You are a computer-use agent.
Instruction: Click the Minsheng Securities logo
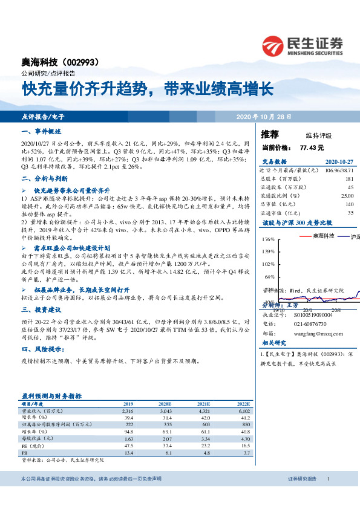[303, 45]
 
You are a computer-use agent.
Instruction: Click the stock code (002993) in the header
[87, 62]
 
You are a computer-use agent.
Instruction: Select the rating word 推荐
[270, 134]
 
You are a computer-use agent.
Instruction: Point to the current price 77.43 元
[312, 147]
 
